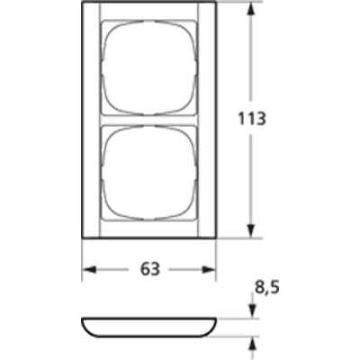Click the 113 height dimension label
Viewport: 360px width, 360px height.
tap(252, 119)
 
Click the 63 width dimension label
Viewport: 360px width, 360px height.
tap(150, 269)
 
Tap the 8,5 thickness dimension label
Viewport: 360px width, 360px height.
tap(267, 288)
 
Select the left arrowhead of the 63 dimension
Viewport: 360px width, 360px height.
tap(89, 270)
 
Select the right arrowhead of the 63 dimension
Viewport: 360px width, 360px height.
tap(209, 270)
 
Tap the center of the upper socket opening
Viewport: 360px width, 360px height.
tap(149, 67)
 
